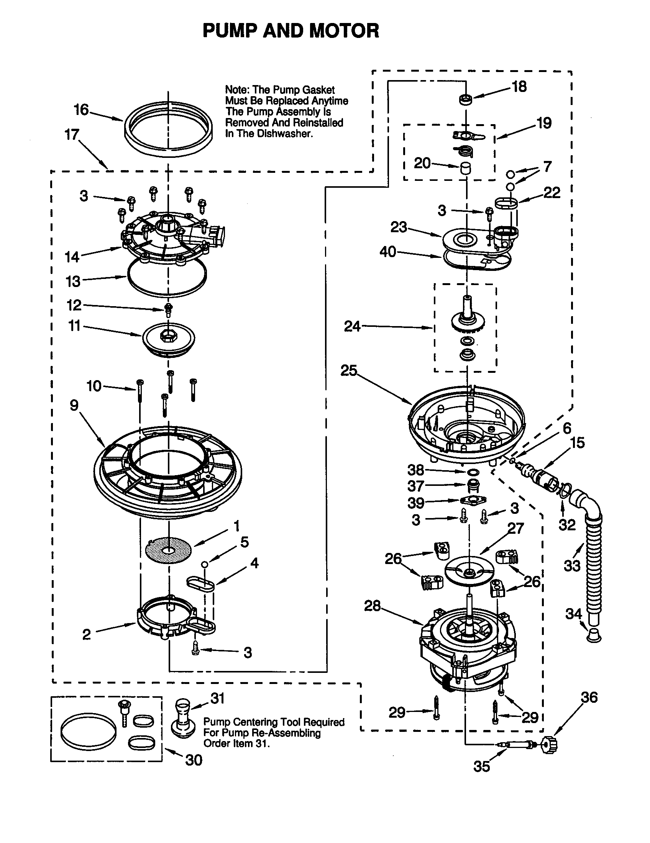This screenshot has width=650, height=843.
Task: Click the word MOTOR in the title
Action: click(x=344, y=31)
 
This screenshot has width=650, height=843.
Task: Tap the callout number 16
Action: click(x=81, y=110)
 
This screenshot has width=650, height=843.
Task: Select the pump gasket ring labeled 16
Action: click(x=169, y=129)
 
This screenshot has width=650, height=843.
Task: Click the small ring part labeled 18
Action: click(x=466, y=99)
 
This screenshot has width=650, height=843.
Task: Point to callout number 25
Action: click(x=348, y=371)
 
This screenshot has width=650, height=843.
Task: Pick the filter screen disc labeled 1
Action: click(x=169, y=550)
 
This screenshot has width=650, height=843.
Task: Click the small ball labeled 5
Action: click(x=205, y=565)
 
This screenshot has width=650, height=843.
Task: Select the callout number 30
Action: click(x=194, y=760)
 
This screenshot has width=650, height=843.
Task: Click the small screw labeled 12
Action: click(x=168, y=309)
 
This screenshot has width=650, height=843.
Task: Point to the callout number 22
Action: click(x=552, y=192)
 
